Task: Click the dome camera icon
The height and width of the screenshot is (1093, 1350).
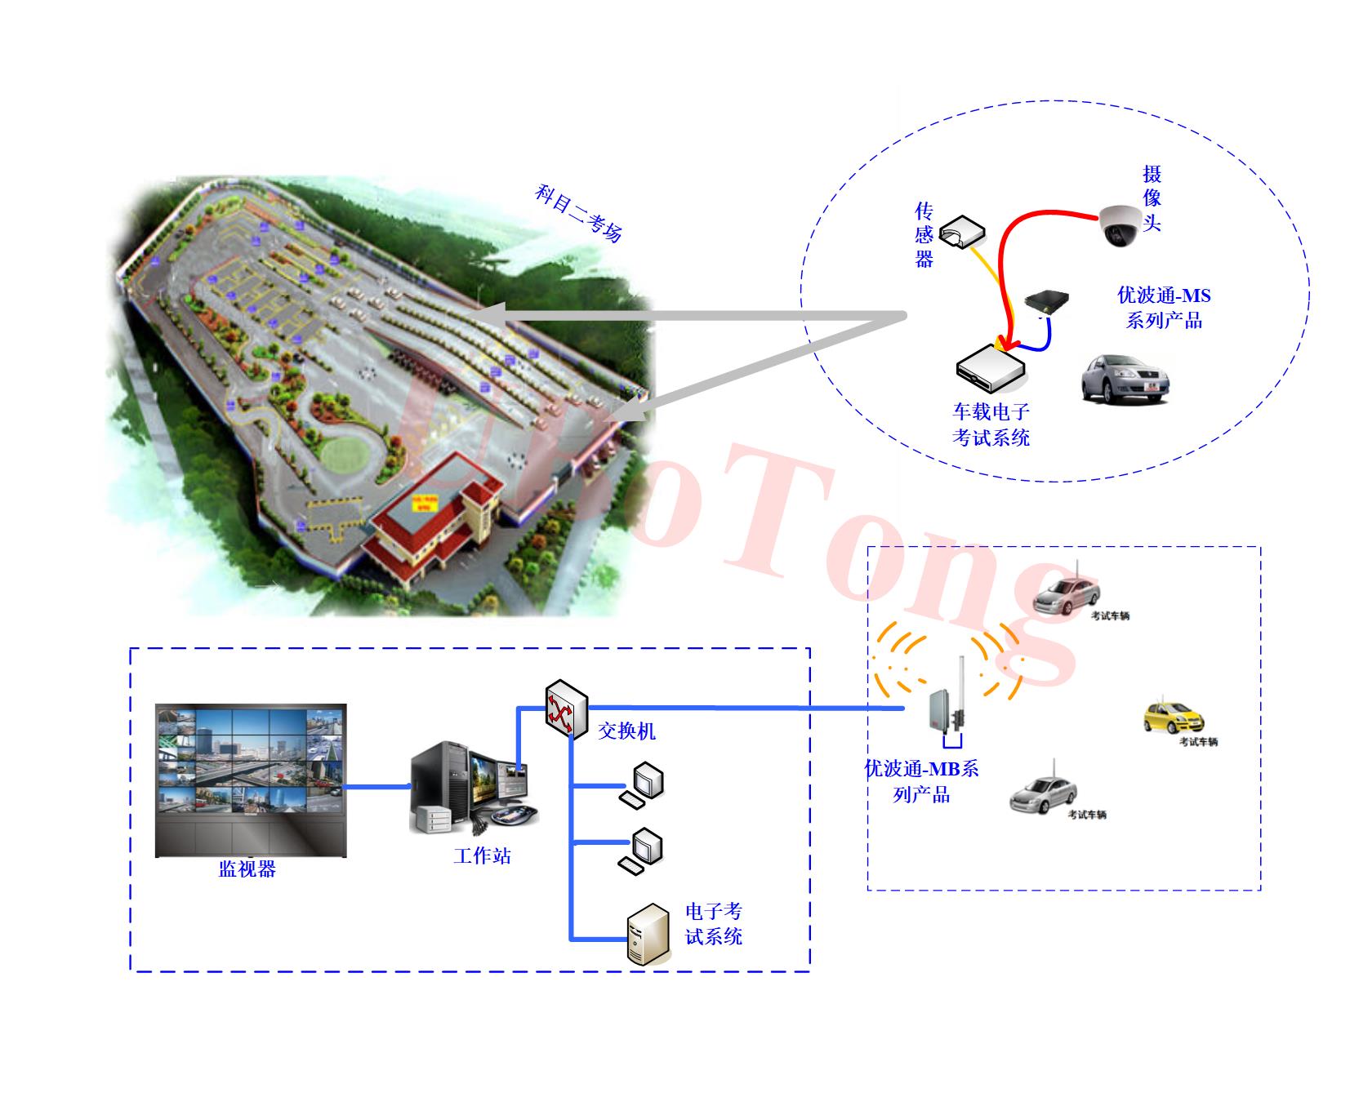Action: click(x=1119, y=224)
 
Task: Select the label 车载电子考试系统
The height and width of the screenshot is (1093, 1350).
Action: click(x=991, y=424)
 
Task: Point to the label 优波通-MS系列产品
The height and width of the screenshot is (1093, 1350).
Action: click(x=1164, y=308)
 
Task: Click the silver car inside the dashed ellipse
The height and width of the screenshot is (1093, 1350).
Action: click(x=1125, y=378)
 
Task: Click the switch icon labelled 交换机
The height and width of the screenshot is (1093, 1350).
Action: click(x=566, y=709)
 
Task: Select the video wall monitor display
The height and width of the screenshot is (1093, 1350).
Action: click(x=251, y=780)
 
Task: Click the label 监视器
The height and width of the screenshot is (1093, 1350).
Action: click(x=247, y=869)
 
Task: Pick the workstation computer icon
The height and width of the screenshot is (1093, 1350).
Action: click(x=472, y=788)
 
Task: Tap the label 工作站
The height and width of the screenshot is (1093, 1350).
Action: click(x=482, y=855)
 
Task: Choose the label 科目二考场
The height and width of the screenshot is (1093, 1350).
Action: click(x=578, y=214)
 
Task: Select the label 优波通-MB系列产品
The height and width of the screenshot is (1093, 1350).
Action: click(x=921, y=781)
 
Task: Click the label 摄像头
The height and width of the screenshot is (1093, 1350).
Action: click(x=1152, y=198)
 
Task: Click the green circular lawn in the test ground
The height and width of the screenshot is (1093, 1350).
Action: click(x=342, y=453)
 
